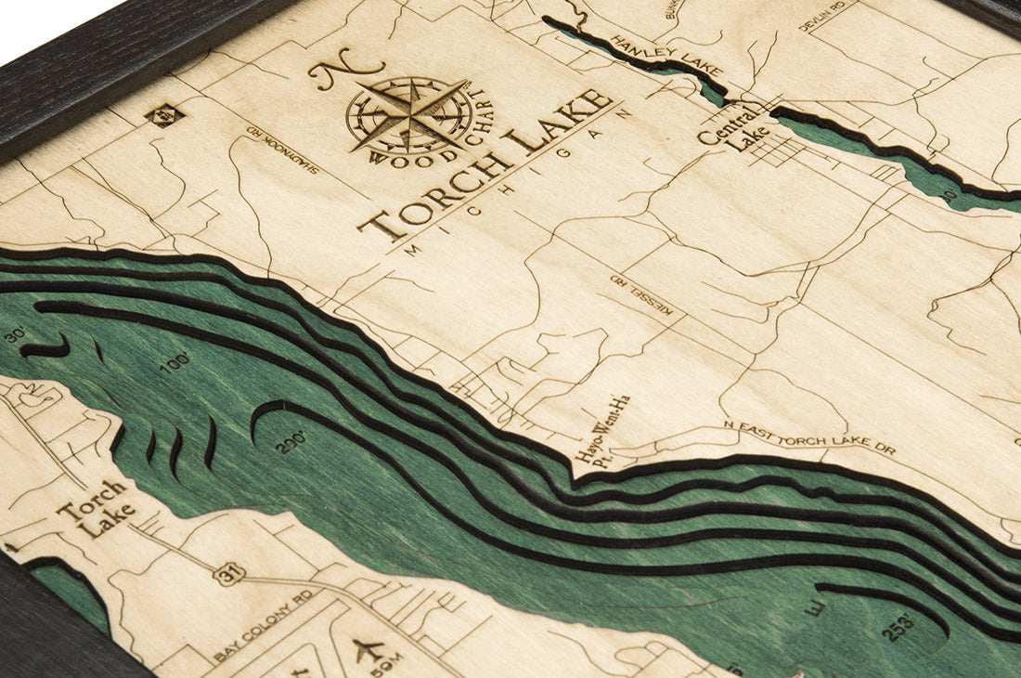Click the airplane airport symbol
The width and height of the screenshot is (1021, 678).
point(368,648)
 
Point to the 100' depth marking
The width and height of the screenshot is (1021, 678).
point(174,363)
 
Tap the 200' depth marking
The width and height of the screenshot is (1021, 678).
point(291,441)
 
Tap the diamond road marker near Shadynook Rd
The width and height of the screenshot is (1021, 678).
point(164,115)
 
